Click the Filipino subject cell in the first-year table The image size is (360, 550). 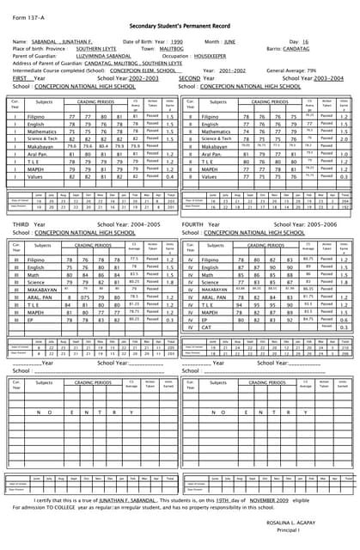[35, 115]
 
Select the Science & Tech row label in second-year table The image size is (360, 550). [216, 138]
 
